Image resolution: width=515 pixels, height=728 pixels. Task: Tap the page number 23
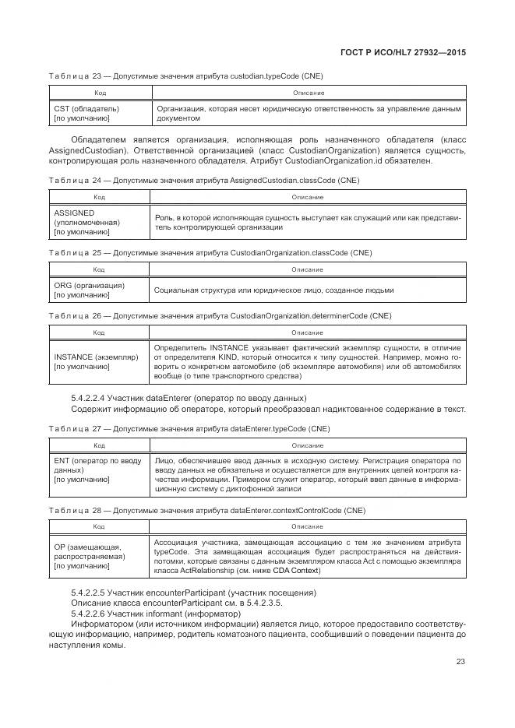point(460,662)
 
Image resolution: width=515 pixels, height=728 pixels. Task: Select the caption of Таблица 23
point(185,76)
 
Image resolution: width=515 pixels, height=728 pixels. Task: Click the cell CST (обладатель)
point(86,114)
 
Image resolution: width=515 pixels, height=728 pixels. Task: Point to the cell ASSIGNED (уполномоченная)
point(83,222)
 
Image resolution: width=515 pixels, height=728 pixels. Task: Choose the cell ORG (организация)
point(89,290)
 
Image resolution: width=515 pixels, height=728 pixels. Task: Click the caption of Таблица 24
point(203,180)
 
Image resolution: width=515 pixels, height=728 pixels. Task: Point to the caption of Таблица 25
point(210,253)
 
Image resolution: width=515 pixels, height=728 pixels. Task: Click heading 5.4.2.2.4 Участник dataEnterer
point(189,398)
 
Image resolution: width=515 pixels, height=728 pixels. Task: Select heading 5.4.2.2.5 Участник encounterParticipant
point(193,593)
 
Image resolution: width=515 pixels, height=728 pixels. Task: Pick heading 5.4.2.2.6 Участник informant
point(167,614)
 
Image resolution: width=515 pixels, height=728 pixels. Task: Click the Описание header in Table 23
point(307,92)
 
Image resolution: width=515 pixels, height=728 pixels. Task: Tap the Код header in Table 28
point(100,526)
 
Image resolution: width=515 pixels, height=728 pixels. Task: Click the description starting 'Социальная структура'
point(273,290)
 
